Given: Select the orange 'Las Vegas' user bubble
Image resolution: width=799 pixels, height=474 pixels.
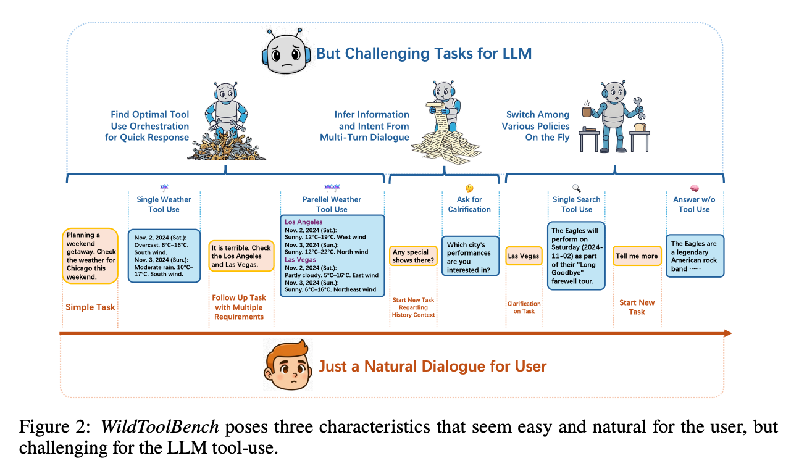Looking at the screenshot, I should [524, 256].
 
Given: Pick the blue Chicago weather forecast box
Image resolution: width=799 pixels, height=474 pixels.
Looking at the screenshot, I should [164, 256].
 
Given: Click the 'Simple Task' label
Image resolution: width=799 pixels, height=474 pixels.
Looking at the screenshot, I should [90, 307].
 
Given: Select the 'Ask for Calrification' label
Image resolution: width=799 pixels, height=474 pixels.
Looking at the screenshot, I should [469, 204].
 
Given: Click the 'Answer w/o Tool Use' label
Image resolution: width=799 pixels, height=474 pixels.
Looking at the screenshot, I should [694, 204].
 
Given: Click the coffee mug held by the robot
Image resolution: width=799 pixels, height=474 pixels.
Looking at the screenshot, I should [588, 111].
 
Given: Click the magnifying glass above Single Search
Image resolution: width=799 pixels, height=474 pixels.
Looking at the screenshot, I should [577, 188].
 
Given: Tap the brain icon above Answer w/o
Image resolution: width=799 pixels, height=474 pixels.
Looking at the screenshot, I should [694, 188].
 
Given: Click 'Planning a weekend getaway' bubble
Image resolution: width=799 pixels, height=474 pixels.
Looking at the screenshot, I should [90, 256].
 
